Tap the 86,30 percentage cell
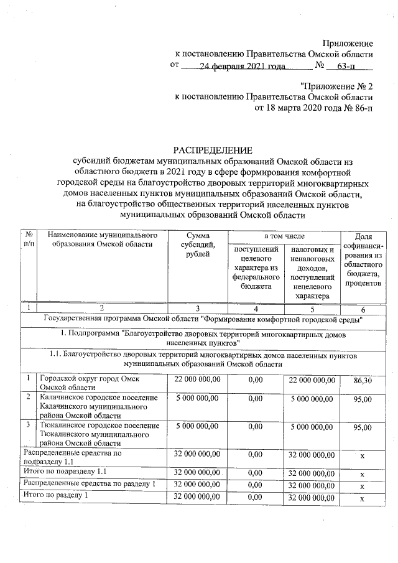click(363, 379)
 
